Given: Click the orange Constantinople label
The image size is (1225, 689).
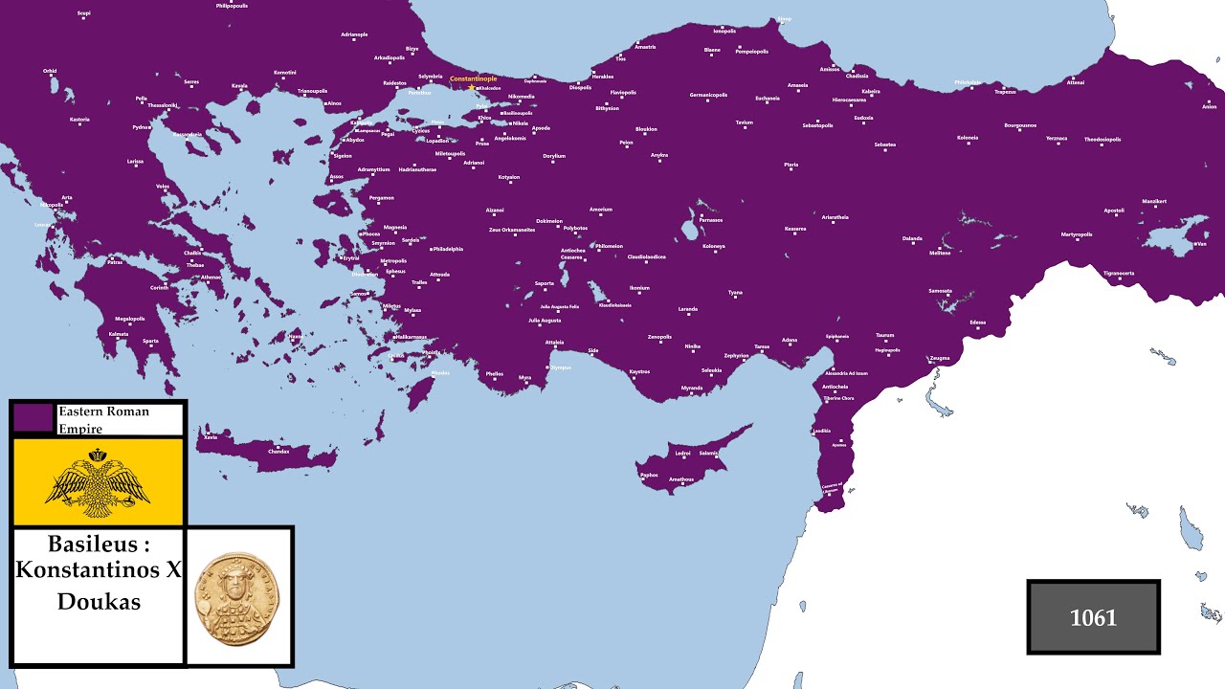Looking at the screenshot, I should pyautogui.click(x=473, y=78).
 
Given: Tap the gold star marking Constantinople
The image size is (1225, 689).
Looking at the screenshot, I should pyautogui.click(x=471, y=88).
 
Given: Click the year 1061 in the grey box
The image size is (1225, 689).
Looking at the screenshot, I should pyautogui.click(x=1093, y=618).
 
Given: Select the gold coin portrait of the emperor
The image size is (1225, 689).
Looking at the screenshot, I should pyautogui.click(x=238, y=595).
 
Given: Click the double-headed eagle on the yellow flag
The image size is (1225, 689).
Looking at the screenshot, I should pyautogui.click(x=98, y=481).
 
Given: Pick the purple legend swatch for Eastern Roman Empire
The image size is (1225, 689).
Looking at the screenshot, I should pyautogui.click(x=33, y=417).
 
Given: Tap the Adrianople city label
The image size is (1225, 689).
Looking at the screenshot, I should pyautogui.click(x=354, y=34).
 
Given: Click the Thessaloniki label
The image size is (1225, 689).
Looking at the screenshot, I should pyautogui.click(x=163, y=105).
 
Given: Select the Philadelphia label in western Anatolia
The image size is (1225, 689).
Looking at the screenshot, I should pyautogui.click(x=448, y=249).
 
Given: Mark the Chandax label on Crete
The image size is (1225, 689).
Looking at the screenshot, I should pyautogui.click(x=278, y=451).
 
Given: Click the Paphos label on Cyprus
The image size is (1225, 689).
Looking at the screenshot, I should pyautogui.click(x=649, y=475).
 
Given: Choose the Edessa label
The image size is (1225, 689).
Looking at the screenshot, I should pyautogui.click(x=977, y=322).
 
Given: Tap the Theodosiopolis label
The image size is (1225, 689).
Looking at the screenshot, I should pyautogui.click(x=1102, y=139).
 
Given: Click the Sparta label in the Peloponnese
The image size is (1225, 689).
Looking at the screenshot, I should pyautogui.click(x=151, y=341).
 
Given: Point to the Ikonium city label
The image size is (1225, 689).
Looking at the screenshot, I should pyautogui.click(x=639, y=288).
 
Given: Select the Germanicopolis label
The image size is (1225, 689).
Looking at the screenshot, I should pyautogui.click(x=709, y=95).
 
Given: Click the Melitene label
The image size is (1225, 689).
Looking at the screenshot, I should pyautogui.click(x=940, y=253).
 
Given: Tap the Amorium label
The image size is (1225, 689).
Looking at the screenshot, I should pyautogui.click(x=601, y=209).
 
